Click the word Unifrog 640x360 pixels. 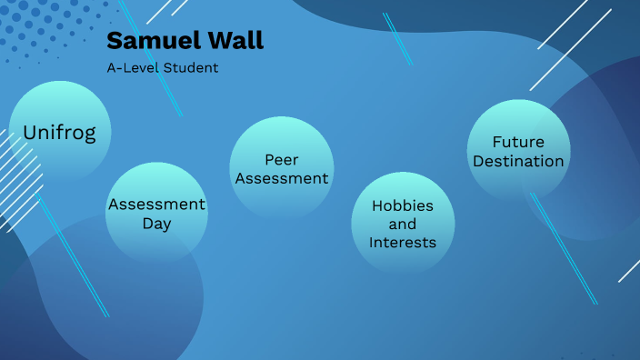pos(60,131)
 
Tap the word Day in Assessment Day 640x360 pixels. pos(156,224)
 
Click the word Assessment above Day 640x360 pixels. pos(156,205)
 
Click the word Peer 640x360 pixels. pos(281,160)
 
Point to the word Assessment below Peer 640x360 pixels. pos(281,178)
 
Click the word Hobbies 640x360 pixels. pos(403,205)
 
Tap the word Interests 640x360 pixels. pos(403,243)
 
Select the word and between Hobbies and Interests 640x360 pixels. pos(403,224)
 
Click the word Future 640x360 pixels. pos(518,143)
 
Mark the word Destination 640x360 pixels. pos(518,161)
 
